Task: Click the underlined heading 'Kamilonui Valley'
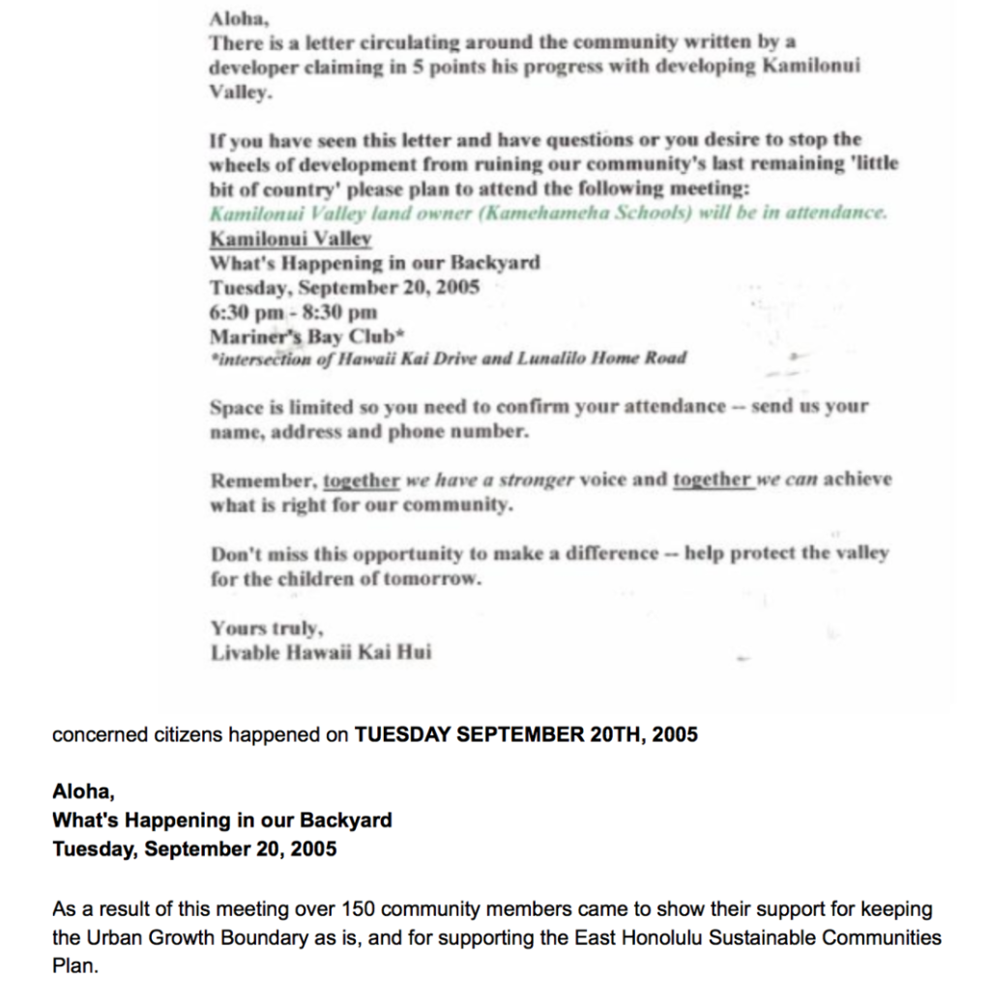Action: [291, 238]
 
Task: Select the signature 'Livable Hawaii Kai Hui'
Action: [321, 652]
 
